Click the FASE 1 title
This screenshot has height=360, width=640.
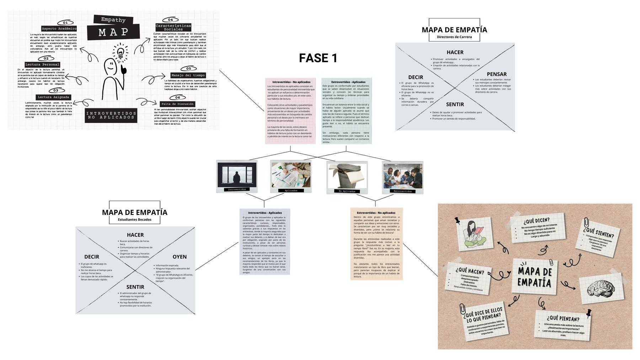coord(318,58)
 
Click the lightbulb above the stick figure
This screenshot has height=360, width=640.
coord(120,52)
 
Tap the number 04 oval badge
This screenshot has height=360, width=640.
coord(171,20)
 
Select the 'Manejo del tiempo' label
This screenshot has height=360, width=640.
coord(188,75)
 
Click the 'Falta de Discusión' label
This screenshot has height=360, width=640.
coord(177,104)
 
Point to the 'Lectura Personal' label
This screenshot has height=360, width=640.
coord(42,64)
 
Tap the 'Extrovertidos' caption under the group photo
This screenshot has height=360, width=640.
coord(402,191)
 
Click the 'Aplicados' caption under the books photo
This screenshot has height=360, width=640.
coord(291,190)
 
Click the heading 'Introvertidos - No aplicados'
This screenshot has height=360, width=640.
coord(291,82)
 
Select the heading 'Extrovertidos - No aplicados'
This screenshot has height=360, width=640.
coord(376,213)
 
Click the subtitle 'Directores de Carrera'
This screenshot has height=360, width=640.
coord(454,37)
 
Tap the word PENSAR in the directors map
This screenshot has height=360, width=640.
coord(496,74)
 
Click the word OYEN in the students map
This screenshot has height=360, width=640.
coord(180,257)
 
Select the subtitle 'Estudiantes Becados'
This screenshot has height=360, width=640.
coord(134,220)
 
